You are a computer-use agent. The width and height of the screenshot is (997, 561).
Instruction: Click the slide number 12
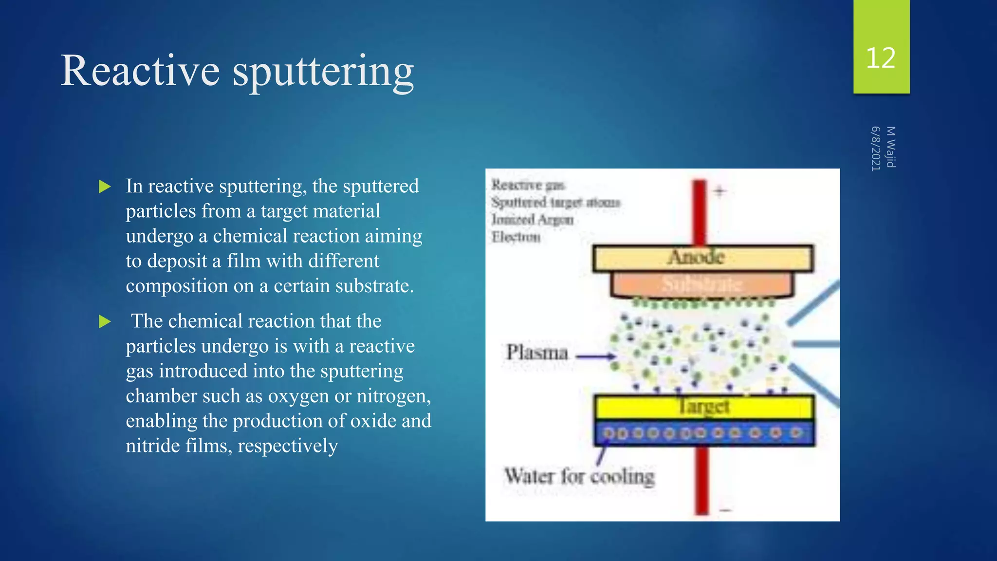(881, 58)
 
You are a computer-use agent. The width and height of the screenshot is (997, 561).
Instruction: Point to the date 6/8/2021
(876, 149)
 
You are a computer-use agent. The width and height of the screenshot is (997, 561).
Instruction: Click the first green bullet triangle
(105, 187)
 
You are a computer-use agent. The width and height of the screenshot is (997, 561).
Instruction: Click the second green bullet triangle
(105, 321)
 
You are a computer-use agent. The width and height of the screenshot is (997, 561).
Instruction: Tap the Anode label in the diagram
(696, 258)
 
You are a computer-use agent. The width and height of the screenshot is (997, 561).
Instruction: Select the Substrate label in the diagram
(702, 284)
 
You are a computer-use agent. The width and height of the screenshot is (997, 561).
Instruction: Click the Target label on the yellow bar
(704, 406)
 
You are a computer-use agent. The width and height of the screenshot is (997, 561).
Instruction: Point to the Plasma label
(537, 353)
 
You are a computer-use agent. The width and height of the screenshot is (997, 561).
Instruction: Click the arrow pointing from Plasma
(596, 356)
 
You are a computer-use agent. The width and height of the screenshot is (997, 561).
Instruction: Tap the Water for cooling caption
(579, 476)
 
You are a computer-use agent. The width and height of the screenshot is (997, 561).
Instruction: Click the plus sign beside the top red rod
(720, 191)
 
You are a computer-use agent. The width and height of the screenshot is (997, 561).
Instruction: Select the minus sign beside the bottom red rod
(725, 510)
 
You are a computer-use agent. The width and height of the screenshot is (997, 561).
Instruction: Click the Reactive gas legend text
(528, 185)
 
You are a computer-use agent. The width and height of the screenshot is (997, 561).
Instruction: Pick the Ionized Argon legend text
(532, 220)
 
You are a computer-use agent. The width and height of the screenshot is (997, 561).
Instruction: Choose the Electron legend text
(516, 237)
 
